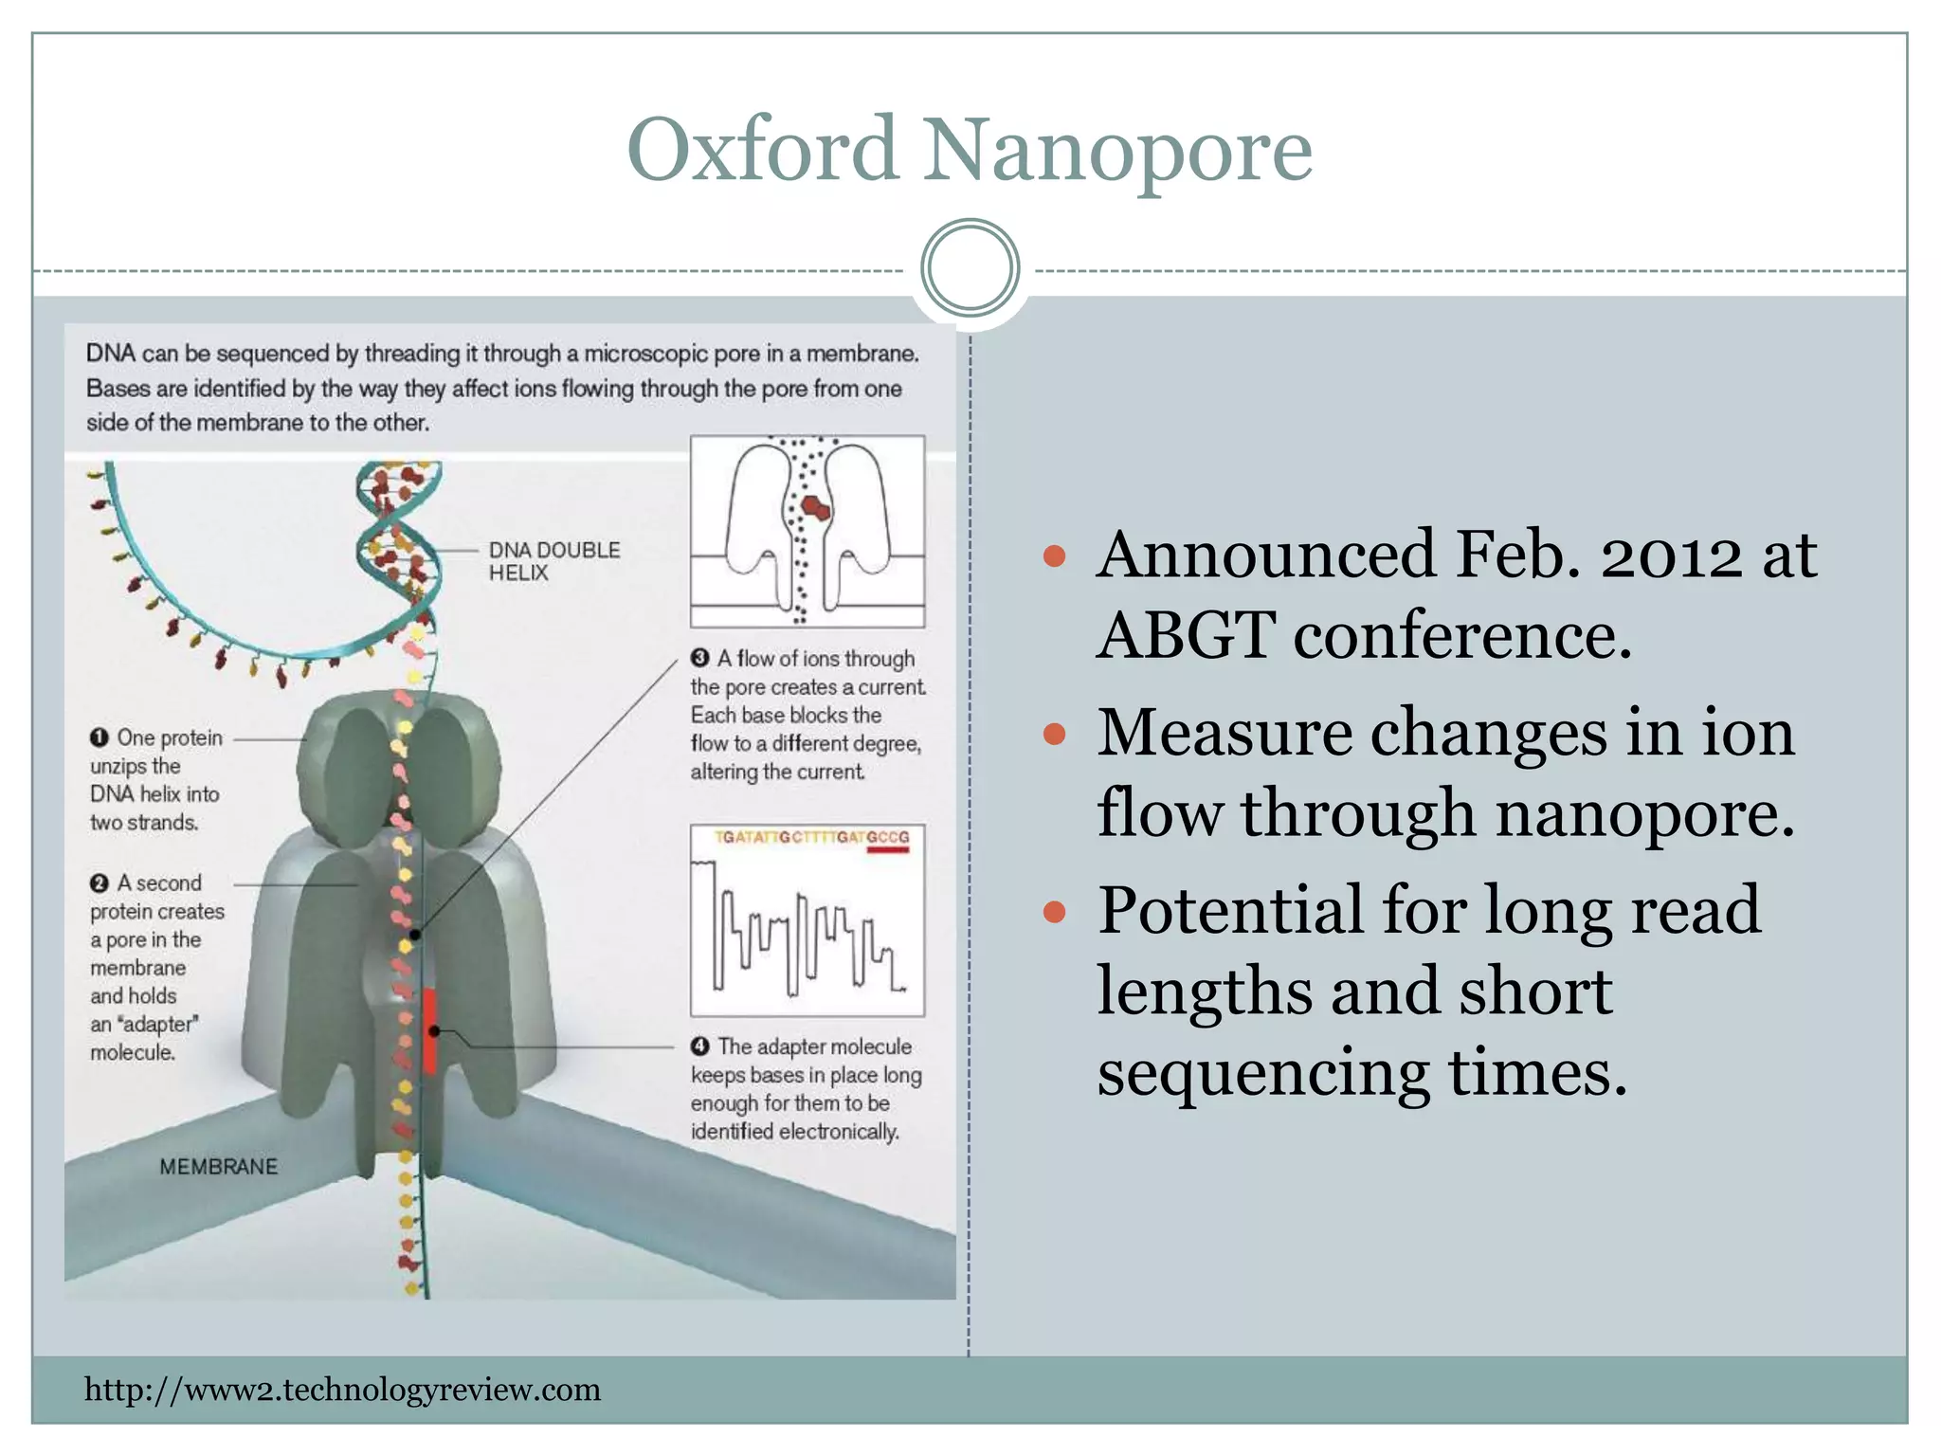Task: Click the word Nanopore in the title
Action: pyautogui.click(x=1118, y=152)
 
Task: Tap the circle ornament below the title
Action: pyautogui.click(x=970, y=268)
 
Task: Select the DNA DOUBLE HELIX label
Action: pyautogui.click(x=553, y=561)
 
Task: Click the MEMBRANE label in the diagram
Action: pyautogui.click(x=218, y=1167)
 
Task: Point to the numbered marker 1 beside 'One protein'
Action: pyautogui.click(x=100, y=737)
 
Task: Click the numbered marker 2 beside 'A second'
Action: pyautogui.click(x=100, y=883)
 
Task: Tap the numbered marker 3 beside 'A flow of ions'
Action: pyautogui.click(x=700, y=658)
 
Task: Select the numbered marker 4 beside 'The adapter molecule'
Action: pyautogui.click(x=700, y=1046)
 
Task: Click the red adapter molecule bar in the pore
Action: pyautogui.click(x=429, y=1031)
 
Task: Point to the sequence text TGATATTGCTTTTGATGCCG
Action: pyautogui.click(x=811, y=838)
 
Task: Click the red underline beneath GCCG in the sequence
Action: pyautogui.click(x=888, y=850)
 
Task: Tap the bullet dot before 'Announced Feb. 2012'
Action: pyautogui.click(x=1054, y=555)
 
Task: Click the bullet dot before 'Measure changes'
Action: pyautogui.click(x=1054, y=734)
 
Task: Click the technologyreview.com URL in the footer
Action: pyautogui.click(x=342, y=1391)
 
